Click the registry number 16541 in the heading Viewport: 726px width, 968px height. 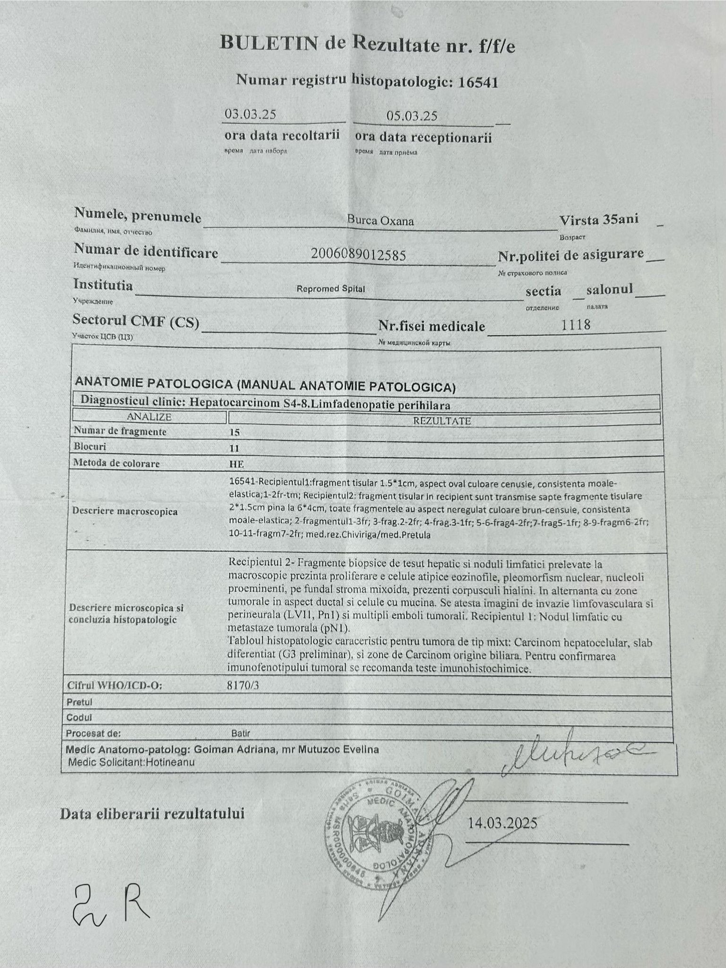point(479,83)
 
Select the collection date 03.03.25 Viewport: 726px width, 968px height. point(250,114)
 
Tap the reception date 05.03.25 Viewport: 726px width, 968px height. point(411,116)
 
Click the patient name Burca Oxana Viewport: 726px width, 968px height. point(380,220)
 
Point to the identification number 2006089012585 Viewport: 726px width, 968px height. point(358,255)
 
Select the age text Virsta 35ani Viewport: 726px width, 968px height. point(598,220)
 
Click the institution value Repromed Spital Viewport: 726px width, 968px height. point(330,289)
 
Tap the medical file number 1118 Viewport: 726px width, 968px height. point(576,325)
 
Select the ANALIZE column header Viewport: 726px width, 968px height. point(149,417)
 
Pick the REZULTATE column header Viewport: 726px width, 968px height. point(442,420)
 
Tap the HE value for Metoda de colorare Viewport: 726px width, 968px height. point(236,464)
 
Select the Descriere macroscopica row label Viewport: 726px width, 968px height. point(125,511)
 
